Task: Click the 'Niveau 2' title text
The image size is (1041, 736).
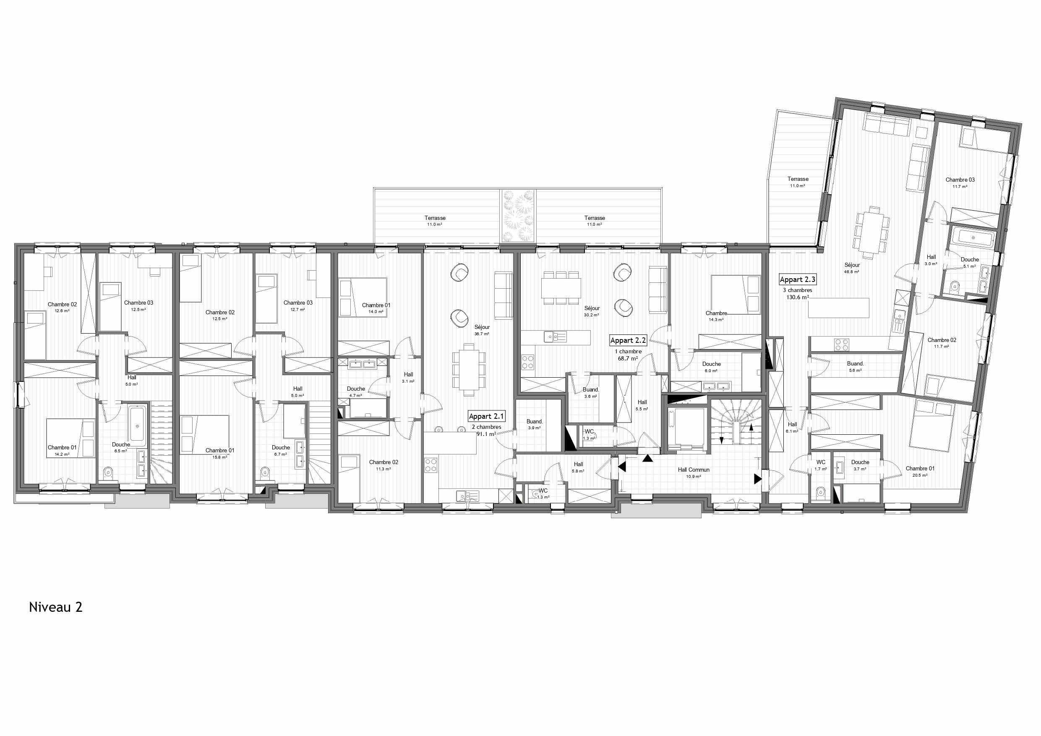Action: click(56, 607)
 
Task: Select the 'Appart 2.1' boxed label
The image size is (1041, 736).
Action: click(486, 416)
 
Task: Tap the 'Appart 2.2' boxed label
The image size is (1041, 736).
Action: click(628, 341)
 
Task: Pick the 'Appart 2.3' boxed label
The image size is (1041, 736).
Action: click(798, 280)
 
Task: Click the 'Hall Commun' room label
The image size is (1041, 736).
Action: click(694, 470)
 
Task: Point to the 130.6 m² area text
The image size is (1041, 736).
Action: click(798, 298)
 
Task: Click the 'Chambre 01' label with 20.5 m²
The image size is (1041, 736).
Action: click(920, 468)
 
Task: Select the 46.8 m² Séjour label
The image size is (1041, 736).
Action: click(852, 265)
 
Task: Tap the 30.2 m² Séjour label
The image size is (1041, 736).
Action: click(592, 308)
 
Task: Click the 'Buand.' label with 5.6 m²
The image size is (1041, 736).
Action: click(855, 363)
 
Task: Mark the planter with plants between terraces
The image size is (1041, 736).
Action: click(518, 216)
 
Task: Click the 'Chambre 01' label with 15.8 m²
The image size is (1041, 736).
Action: click(220, 450)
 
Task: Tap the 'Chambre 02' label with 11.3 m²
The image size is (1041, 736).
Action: click(384, 462)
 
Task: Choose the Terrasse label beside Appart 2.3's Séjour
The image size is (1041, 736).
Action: click(798, 179)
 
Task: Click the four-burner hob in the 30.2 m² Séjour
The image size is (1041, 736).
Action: click(527, 362)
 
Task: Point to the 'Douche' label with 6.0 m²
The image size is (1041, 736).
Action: click(711, 364)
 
